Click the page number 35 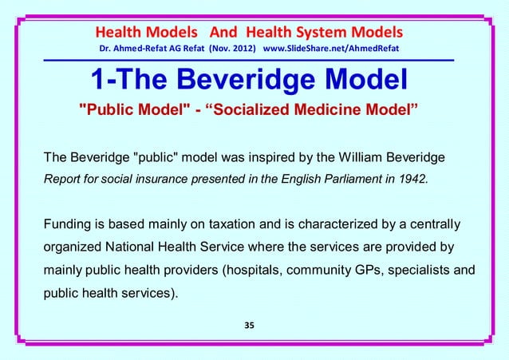(254, 326)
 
